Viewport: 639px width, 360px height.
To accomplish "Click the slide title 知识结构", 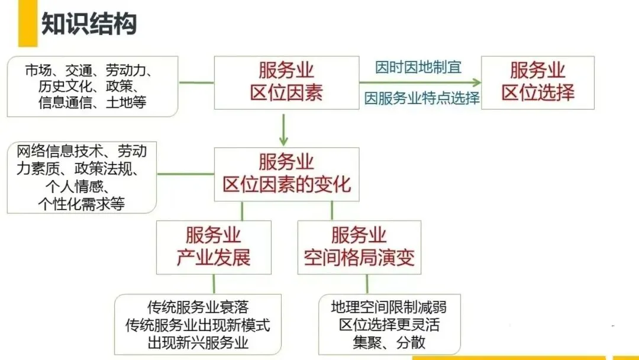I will click(89, 24).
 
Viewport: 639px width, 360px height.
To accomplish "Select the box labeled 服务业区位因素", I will click(286, 82).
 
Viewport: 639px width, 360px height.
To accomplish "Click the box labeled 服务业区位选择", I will click(538, 82).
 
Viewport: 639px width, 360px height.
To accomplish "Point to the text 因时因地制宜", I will click(418, 67).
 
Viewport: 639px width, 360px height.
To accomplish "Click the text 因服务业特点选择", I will click(421, 98).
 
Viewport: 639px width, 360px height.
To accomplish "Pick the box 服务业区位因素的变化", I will click(286, 173).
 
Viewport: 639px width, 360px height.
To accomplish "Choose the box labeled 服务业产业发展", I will click(214, 247).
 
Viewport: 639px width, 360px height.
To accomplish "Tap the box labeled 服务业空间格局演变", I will click(359, 247).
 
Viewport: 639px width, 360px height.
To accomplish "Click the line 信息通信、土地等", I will click(92, 102).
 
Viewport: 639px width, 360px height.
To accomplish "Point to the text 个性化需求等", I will click(81, 204).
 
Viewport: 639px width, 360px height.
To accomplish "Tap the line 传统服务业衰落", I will click(198, 307).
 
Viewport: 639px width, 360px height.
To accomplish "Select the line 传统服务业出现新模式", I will click(198, 325).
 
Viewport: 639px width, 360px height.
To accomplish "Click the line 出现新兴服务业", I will click(198, 343).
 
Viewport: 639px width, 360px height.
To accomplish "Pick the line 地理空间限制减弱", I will click(389, 307).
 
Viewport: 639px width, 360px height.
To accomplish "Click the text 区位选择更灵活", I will click(389, 325).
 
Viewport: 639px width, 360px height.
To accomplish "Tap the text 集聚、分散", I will click(389, 343).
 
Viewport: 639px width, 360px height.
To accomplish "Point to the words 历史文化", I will click(63, 86).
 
